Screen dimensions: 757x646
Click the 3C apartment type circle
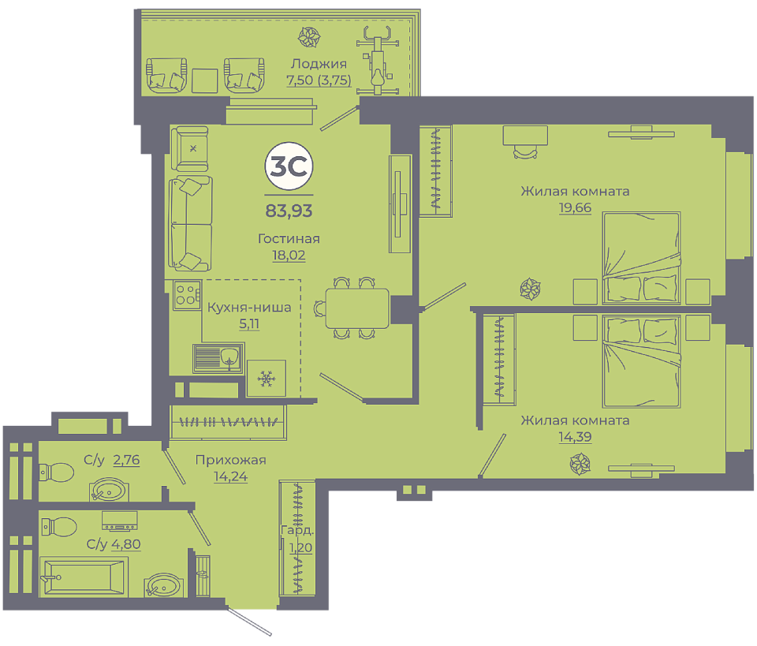[x=289, y=166]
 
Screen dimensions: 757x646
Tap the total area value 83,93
[x=289, y=211]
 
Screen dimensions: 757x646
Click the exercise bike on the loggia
[x=378, y=61]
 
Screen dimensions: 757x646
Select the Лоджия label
[x=319, y=64]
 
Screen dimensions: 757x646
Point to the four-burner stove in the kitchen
[x=187, y=294]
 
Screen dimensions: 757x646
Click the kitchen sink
[x=218, y=358]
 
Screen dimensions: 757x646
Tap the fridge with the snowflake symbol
[x=266, y=378]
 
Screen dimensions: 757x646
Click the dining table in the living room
[x=357, y=308]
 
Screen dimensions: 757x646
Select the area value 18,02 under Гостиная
[x=289, y=255]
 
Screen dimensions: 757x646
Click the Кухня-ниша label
[x=249, y=308]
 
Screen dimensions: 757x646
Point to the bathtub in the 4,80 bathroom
[x=84, y=577]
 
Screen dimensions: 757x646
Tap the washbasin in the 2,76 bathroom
[x=109, y=489]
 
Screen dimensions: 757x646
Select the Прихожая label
[x=231, y=460]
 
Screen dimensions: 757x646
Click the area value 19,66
[x=575, y=207]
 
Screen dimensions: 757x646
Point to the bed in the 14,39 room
[x=641, y=361]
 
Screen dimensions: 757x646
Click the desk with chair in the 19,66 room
[x=525, y=141]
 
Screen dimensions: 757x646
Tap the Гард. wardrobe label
[x=297, y=530]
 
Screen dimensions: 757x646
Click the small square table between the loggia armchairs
[x=205, y=80]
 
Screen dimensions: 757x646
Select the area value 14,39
[x=575, y=437]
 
